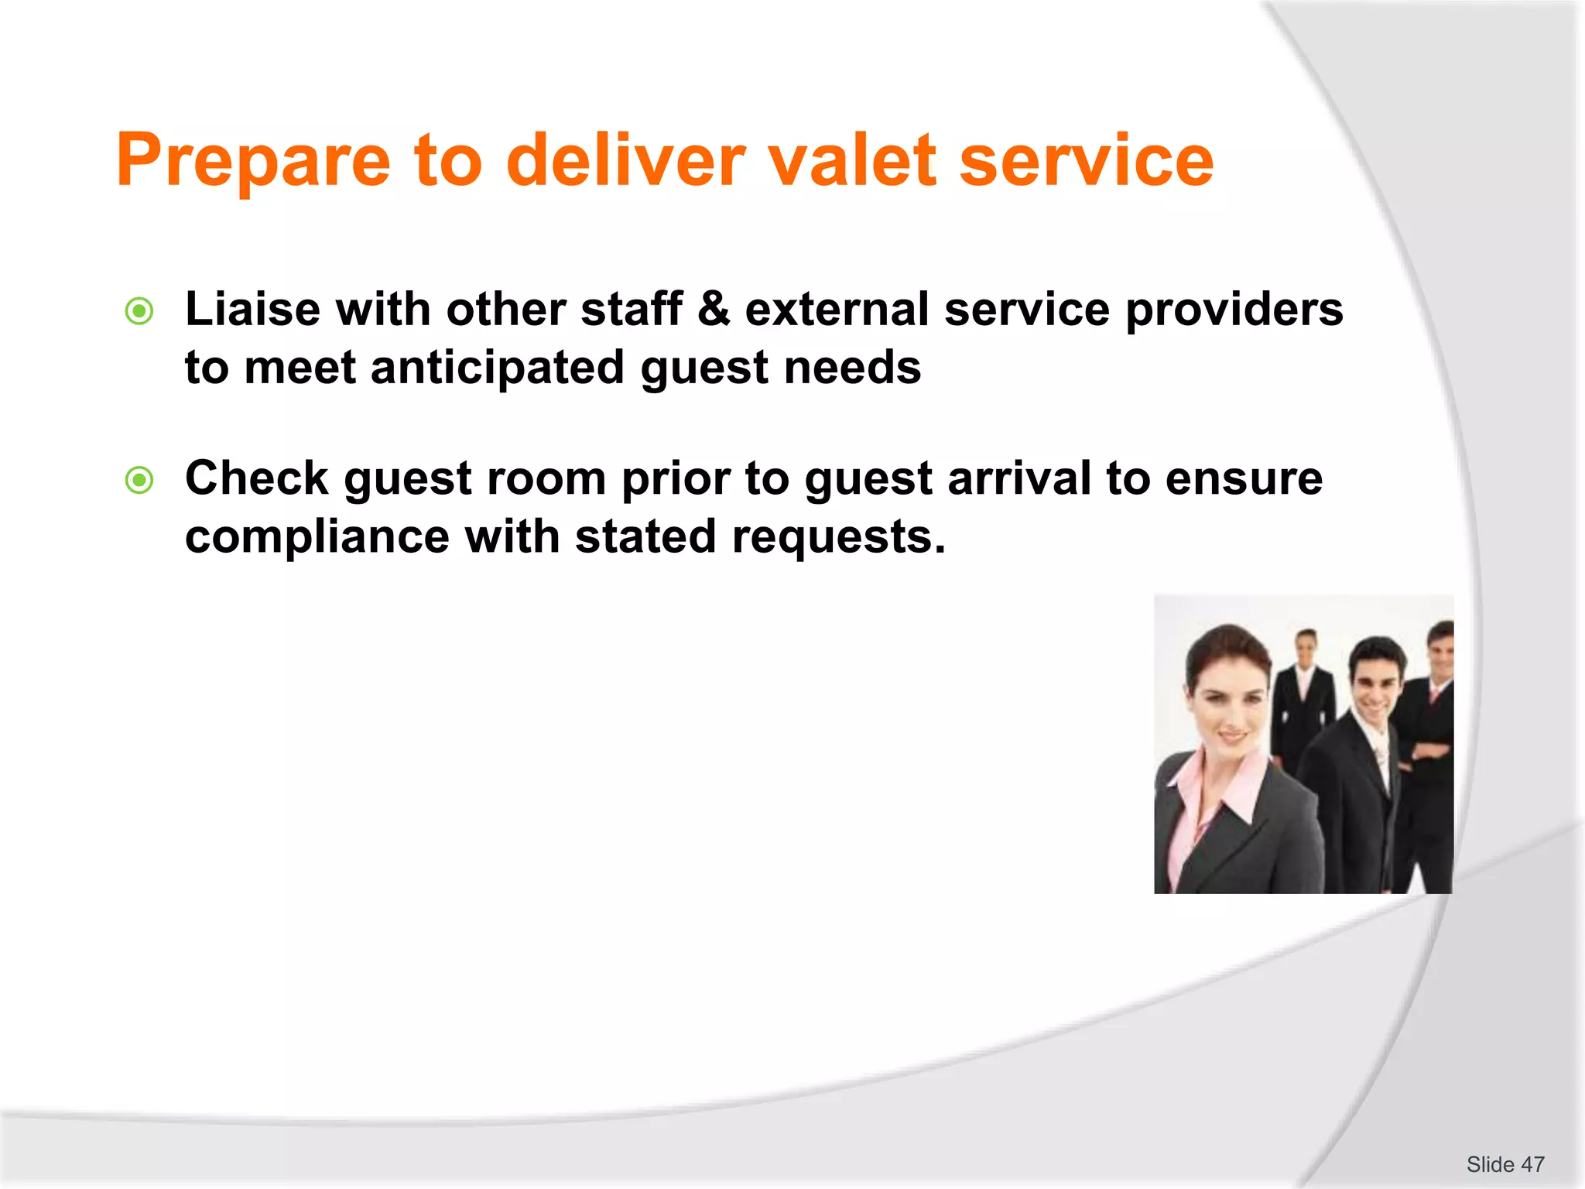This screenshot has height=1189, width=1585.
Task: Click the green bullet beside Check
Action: pos(139,480)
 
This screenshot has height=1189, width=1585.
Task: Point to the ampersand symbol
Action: pos(713,310)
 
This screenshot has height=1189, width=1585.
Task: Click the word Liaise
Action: pos(252,310)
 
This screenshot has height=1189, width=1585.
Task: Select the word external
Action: pos(836,310)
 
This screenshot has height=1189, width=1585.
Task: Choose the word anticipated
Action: pos(497,368)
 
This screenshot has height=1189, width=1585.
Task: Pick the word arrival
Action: pos(1018,478)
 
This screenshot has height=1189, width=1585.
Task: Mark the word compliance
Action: pos(317,536)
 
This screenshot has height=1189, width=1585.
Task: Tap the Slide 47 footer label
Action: pos(1505,1164)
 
